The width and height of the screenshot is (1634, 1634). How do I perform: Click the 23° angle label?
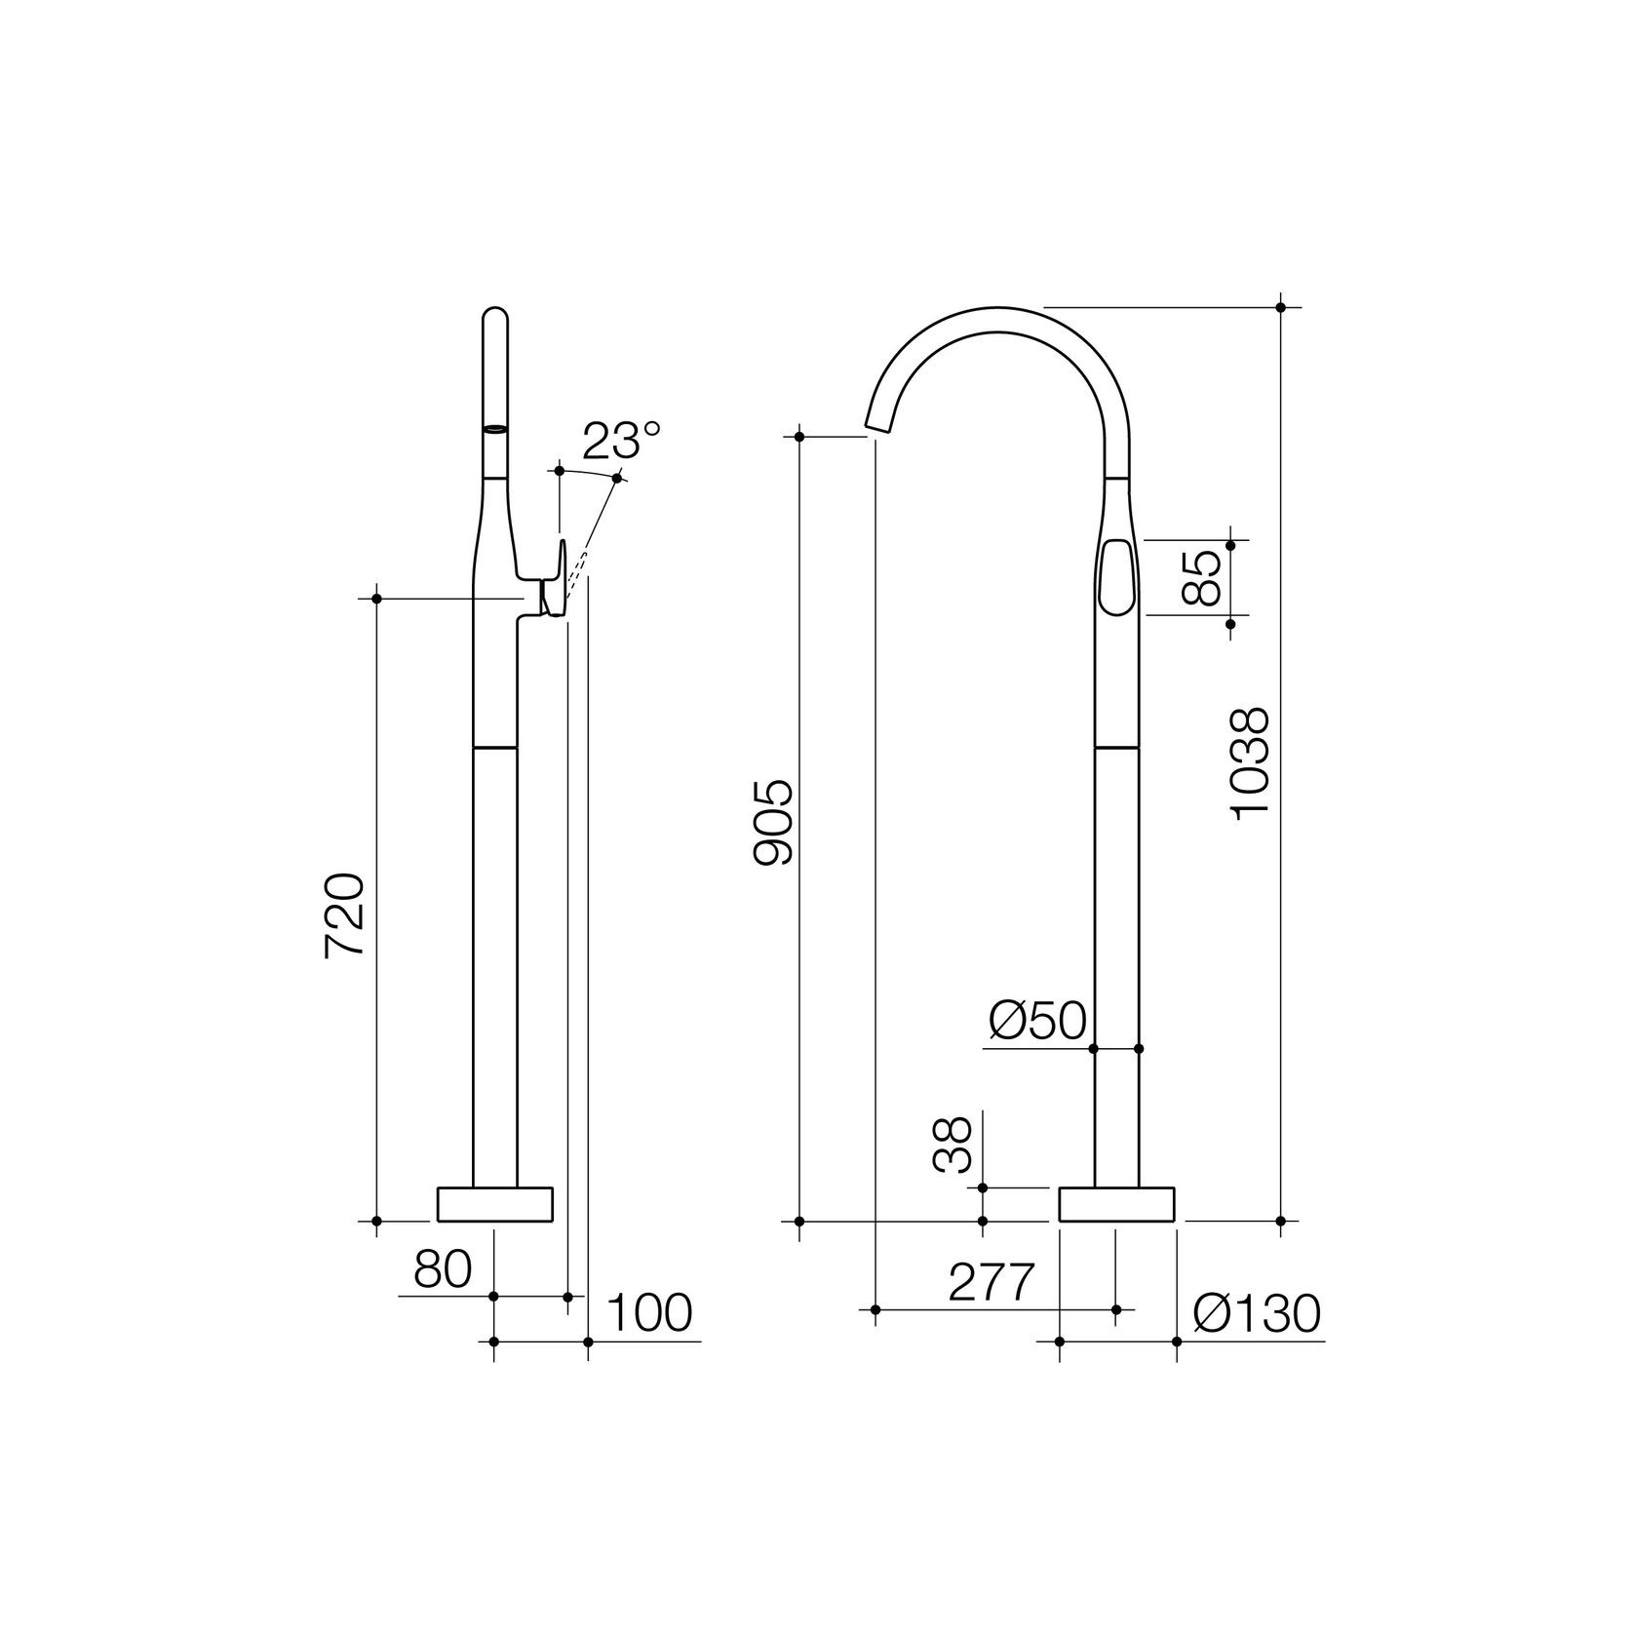point(621,441)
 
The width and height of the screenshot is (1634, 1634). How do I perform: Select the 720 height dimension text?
point(345,915)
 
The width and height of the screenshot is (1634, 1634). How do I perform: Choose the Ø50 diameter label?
point(1036,1022)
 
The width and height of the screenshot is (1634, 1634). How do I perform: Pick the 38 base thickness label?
point(953,1145)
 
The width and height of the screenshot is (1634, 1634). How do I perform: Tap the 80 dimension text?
point(443,1269)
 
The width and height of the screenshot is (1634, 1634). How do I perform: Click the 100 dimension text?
point(648,1313)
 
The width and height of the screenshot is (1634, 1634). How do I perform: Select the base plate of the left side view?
point(494,1204)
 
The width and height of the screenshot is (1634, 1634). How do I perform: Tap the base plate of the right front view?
point(1116,1204)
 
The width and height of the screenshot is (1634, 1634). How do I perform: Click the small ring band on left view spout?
point(495,428)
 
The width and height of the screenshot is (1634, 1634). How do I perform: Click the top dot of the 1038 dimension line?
point(1280,307)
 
